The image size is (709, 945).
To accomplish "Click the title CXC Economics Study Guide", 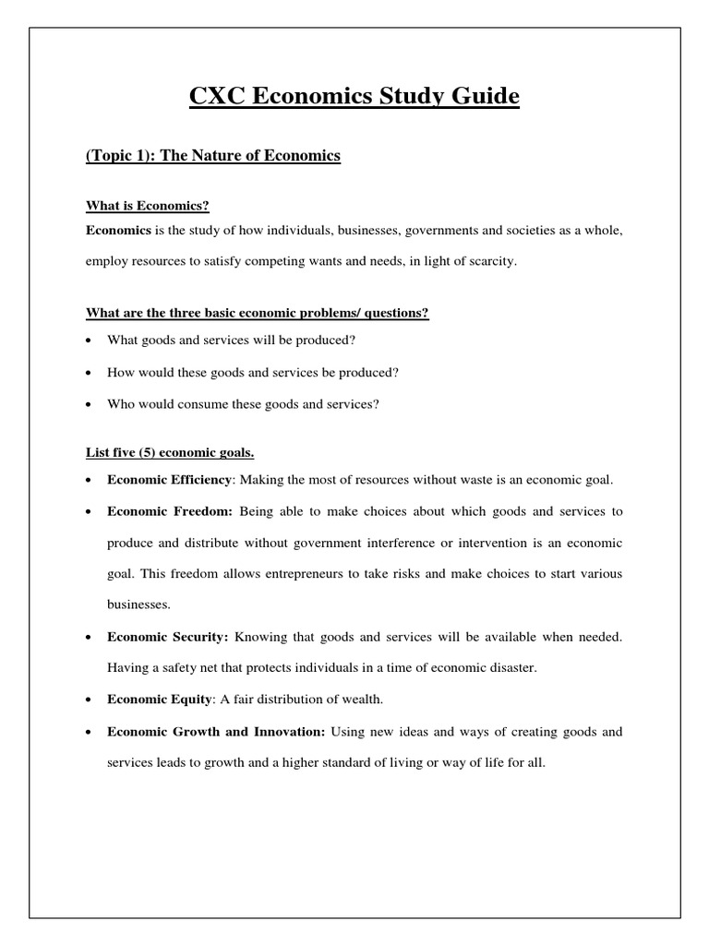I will pos(354,96).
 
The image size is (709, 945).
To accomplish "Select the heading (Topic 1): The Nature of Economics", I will pos(213,156).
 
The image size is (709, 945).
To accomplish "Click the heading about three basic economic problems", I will pos(258,313).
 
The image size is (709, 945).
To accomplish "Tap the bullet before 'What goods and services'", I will pos(88,341).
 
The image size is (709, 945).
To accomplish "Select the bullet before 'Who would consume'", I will pos(88,404).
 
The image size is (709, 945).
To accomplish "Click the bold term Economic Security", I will pos(167,637).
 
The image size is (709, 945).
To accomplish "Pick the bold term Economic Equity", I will pos(159,700).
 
